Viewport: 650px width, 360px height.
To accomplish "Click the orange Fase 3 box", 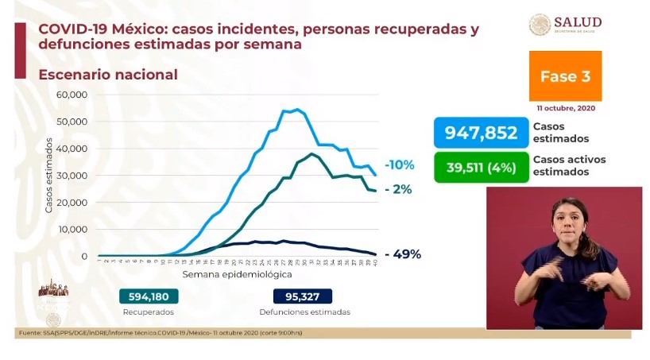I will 565,77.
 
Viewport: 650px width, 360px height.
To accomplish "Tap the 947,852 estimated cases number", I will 481,133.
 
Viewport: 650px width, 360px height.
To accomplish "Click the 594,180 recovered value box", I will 149,296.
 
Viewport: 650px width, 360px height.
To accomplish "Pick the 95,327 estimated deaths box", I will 304,296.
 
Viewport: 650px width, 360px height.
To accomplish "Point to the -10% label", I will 399,165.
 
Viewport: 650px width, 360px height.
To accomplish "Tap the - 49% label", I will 402,255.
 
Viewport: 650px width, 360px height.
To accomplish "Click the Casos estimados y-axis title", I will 49,175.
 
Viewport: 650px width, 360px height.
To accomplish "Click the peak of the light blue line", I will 297,110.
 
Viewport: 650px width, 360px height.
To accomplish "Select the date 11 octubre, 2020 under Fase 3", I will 565,107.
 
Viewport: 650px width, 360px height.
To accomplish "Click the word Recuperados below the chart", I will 149,312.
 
